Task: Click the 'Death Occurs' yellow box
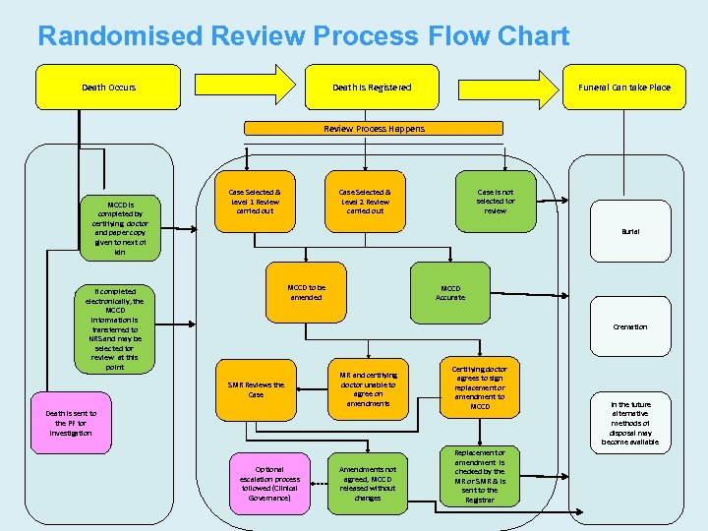point(108,88)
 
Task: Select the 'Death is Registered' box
point(372,88)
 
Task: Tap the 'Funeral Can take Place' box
point(623,88)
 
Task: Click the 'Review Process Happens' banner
point(375,129)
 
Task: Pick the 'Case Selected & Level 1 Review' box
point(254,202)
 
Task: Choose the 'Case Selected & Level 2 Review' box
point(365,202)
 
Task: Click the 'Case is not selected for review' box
point(495,202)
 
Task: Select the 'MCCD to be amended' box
point(306,292)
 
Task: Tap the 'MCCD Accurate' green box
point(449,292)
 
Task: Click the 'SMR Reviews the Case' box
point(256,389)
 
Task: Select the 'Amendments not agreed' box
point(368,484)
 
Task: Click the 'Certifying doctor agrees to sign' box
point(480,387)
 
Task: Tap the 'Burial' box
point(629,231)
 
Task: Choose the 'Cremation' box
point(629,326)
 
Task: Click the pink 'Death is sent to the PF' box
point(73,424)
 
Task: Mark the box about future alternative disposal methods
point(629,423)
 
